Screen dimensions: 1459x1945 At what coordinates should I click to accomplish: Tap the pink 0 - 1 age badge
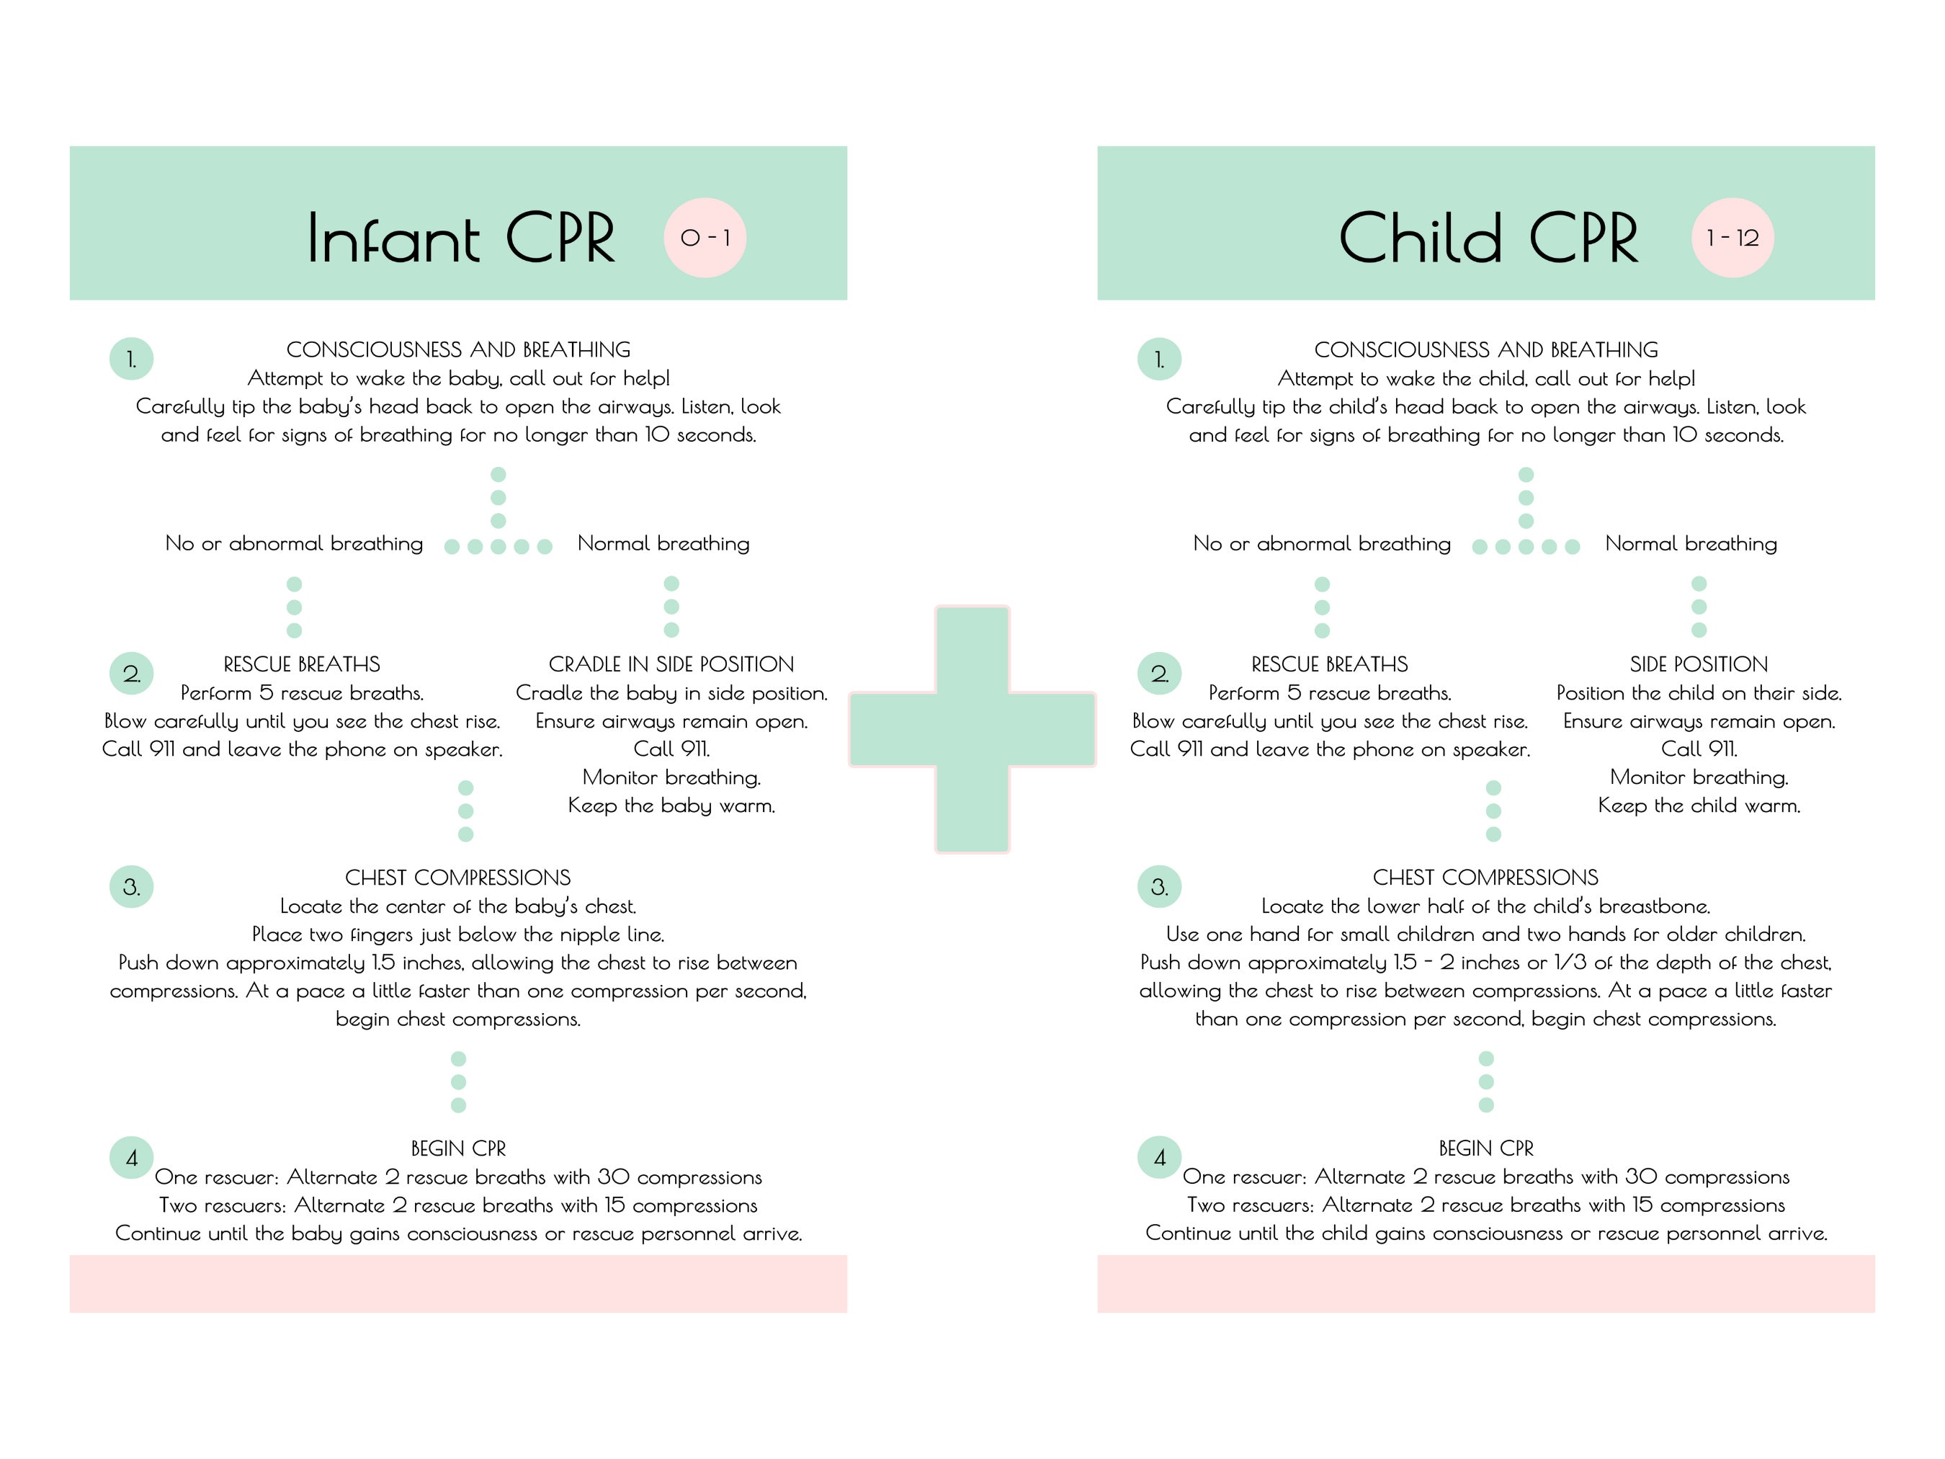click(705, 238)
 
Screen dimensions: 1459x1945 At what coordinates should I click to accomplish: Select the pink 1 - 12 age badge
click(1732, 238)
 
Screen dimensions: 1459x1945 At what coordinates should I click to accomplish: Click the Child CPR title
click(1488, 238)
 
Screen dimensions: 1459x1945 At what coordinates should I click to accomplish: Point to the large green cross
click(972, 729)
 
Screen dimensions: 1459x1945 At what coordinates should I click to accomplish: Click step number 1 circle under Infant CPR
click(131, 359)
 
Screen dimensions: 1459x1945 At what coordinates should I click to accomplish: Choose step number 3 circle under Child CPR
click(1159, 886)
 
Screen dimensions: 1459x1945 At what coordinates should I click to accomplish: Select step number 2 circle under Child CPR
click(1159, 674)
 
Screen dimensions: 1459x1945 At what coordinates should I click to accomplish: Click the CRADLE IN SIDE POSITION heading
click(671, 664)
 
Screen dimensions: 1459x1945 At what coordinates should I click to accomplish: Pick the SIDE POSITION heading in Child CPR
click(1699, 664)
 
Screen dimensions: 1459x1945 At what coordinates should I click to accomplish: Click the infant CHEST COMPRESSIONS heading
click(457, 878)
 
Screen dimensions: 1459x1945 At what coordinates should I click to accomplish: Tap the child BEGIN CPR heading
click(1486, 1148)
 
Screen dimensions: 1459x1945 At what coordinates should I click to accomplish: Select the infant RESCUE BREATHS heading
click(302, 664)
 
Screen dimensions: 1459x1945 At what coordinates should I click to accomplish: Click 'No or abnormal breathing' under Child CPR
click(1322, 543)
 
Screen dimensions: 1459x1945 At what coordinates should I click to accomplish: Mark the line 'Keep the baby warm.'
click(671, 806)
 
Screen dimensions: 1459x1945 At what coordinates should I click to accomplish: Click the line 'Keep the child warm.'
click(1699, 806)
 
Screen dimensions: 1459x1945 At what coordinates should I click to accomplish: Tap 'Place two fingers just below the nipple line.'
click(457, 934)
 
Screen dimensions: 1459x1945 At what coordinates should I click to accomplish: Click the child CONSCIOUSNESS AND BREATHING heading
click(1486, 350)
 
